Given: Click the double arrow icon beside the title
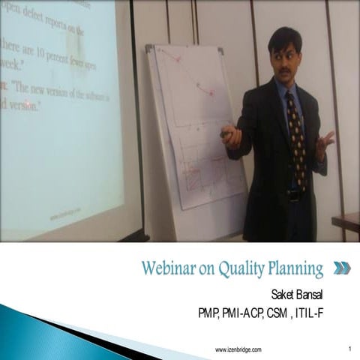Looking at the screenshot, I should (x=341, y=268).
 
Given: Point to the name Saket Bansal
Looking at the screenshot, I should (x=300, y=292).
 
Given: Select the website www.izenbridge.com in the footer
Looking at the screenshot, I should (x=238, y=349).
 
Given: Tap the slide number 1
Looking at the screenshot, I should (x=350, y=349).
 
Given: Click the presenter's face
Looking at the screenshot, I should (x=286, y=58).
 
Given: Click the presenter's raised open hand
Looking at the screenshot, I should (x=325, y=142).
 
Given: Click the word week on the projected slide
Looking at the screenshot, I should (x=11, y=65).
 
